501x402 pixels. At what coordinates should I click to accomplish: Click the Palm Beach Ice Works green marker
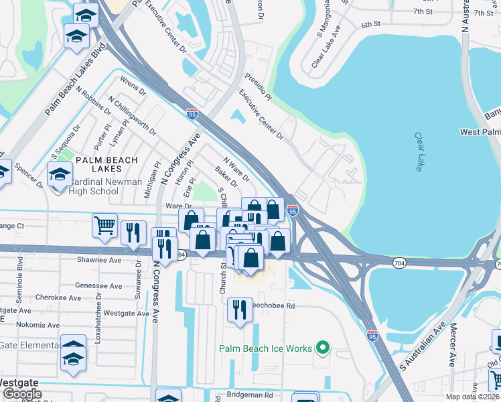tap(323, 348)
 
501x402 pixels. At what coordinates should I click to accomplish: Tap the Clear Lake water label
tap(418, 151)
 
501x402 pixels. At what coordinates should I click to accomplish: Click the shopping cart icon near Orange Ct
tap(105, 226)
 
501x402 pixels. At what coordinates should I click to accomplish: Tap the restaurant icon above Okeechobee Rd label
tap(240, 309)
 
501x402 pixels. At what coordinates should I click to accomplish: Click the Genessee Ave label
tap(98, 285)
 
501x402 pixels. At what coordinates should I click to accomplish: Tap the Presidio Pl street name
tap(259, 87)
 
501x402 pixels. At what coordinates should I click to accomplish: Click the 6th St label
tap(370, 24)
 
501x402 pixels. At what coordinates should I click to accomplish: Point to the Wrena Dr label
tap(133, 86)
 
